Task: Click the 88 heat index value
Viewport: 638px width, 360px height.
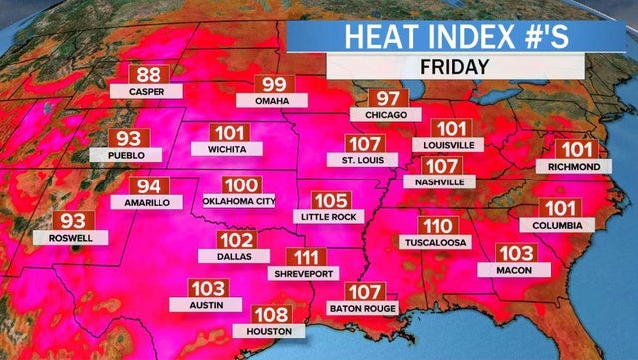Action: [x=148, y=75]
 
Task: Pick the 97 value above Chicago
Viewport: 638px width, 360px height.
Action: [x=383, y=99]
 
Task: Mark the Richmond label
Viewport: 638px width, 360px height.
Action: [x=573, y=166]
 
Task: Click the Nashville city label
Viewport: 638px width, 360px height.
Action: [x=440, y=182]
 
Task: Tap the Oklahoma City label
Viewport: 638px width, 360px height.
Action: [x=243, y=202]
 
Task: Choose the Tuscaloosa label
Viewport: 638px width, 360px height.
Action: [x=438, y=242]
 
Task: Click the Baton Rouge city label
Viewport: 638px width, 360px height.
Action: [x=363, y=309]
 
